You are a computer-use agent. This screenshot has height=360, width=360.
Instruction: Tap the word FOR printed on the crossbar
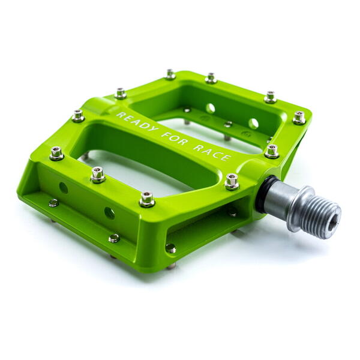171,139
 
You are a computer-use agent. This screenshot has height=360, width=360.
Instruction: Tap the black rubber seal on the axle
262,194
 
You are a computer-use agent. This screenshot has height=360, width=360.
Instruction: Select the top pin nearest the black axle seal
232,181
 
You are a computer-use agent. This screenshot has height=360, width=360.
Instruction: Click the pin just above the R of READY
121,93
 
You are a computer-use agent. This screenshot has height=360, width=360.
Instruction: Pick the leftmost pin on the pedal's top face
56,153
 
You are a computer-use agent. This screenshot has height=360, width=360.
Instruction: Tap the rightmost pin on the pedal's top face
299,117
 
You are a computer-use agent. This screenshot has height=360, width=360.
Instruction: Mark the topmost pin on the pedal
170,74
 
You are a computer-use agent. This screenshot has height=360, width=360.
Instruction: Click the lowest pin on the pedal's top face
147,199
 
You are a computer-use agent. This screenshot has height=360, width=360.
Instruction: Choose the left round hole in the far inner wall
211,109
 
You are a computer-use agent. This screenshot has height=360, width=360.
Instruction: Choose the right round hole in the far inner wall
254,124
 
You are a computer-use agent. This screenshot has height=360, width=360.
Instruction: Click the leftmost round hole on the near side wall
64,188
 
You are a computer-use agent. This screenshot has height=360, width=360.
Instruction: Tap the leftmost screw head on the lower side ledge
53,203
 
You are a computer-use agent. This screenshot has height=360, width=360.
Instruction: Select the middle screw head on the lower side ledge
113,238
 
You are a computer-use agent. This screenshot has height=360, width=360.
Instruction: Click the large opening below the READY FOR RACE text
150,162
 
